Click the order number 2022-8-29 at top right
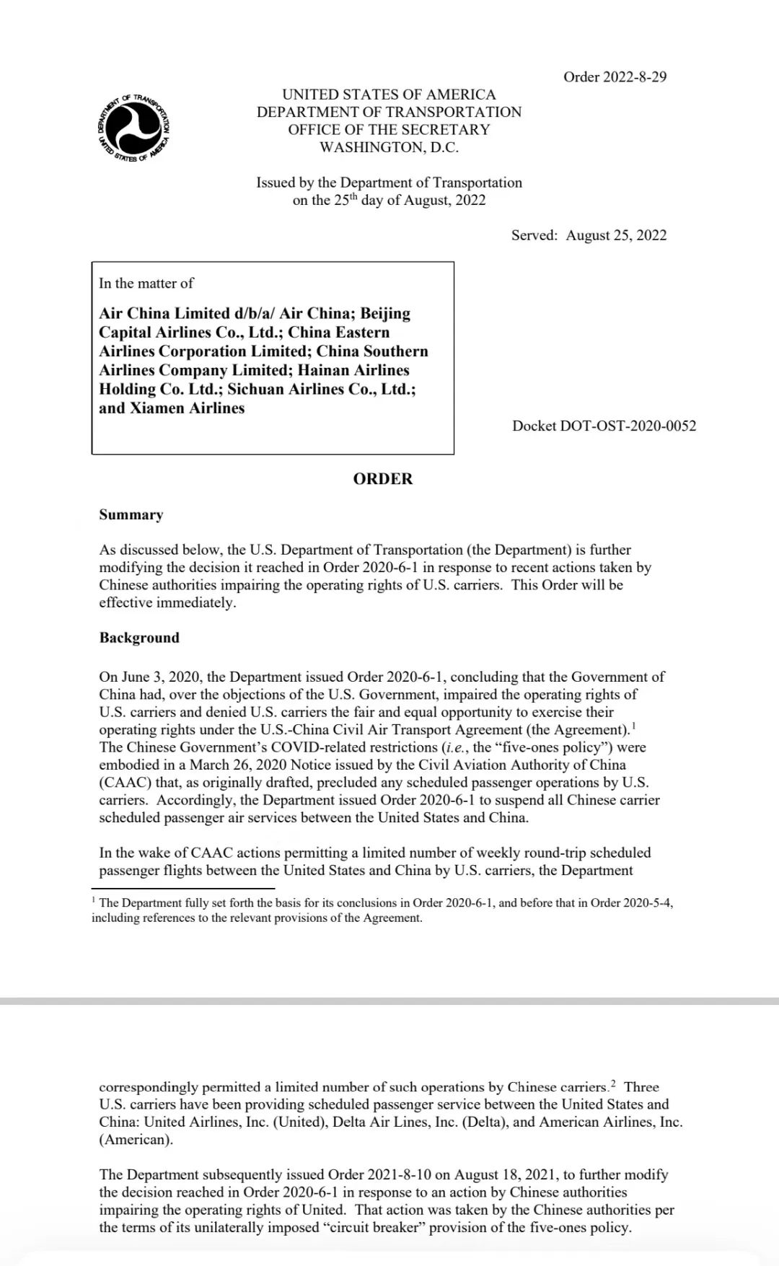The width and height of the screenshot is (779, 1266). click(615, 77)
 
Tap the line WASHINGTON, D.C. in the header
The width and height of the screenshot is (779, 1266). click(389, 147)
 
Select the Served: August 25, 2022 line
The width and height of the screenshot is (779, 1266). click(589, 235)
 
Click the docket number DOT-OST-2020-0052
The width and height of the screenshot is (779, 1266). click(604, 426)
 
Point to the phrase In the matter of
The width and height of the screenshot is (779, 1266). click(146, 283)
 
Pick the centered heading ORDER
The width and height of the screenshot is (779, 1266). click(382, 479)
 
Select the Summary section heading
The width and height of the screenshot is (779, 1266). click(131, 515)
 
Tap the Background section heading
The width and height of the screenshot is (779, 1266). click(139, 638)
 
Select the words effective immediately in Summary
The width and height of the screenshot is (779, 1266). click(167, 603)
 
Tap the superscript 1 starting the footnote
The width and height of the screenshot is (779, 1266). click(94, 901)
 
